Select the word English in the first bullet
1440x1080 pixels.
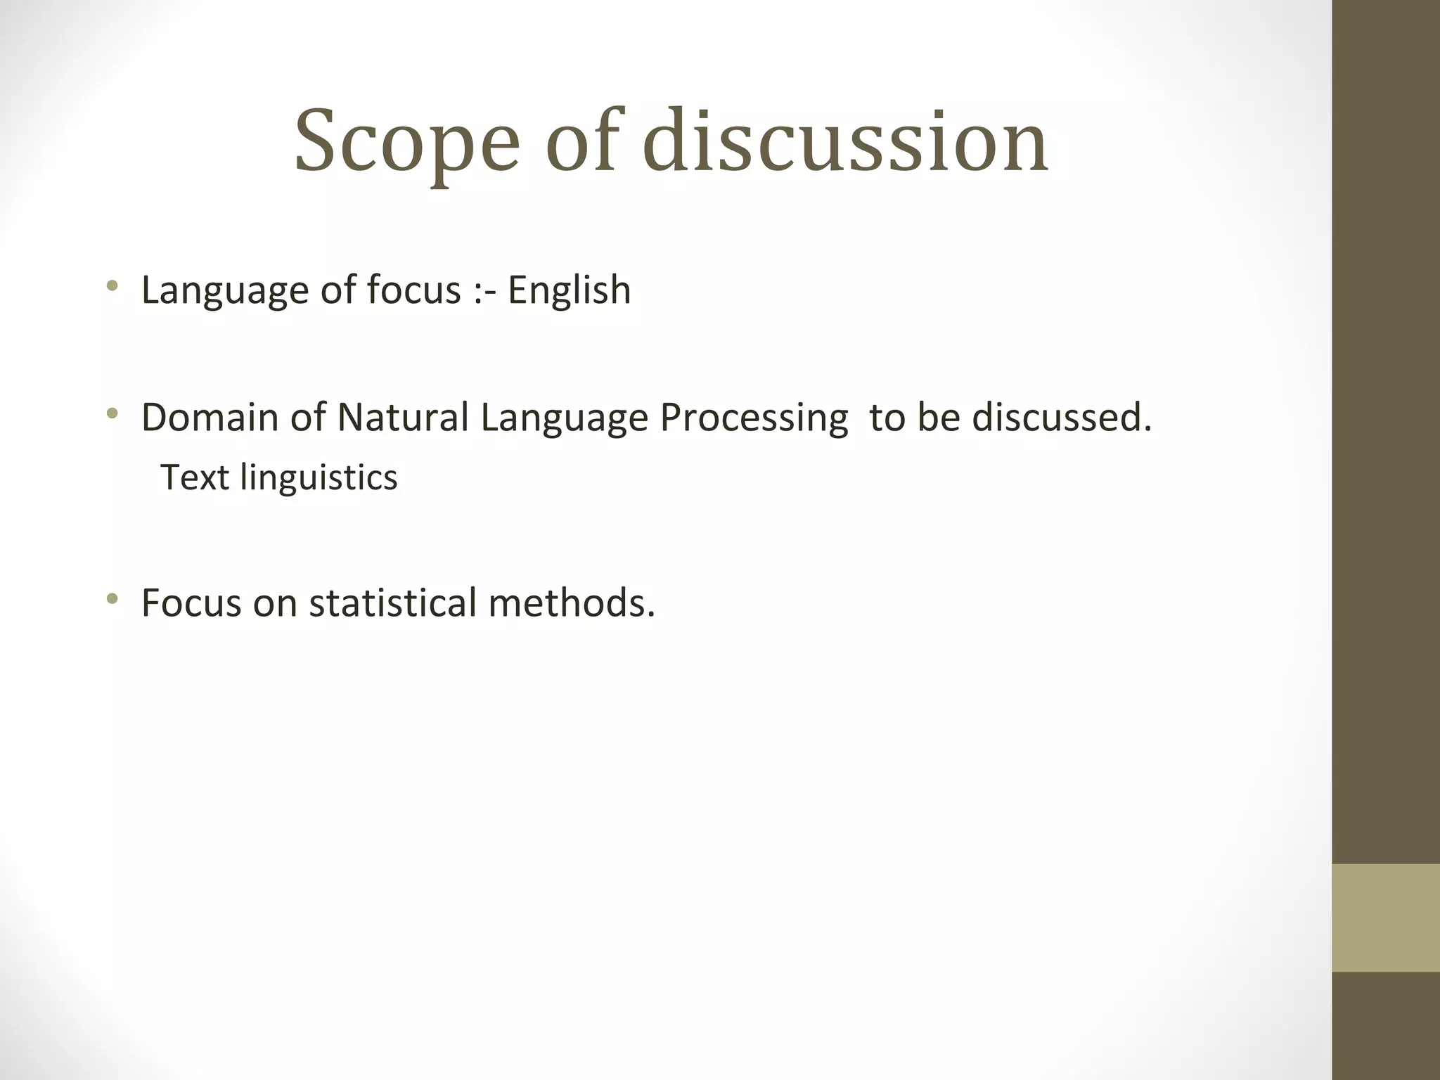click(569, 290)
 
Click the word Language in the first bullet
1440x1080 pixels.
click(224, 290)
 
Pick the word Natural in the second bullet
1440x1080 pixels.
click(403, 417)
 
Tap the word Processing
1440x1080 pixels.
click(754, 418)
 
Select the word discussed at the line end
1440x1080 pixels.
click(1061, 417)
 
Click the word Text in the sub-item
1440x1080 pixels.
click(195, 477)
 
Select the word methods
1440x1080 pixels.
click(571, 603)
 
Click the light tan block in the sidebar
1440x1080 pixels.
click(1386, 918)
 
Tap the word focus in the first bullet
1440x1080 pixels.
click(413, 290)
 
